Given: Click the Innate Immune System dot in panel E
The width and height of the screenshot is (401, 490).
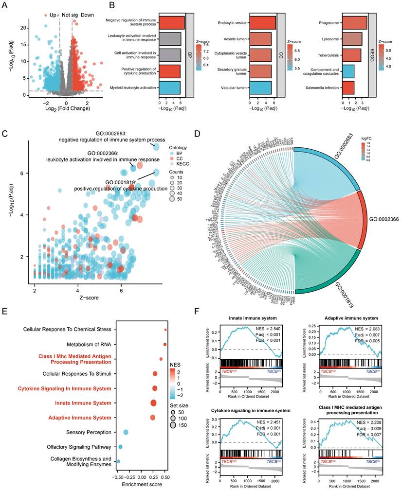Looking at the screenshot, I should pyautogui.click(x=153, y=402).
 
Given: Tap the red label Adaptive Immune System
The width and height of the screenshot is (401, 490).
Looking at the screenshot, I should pyautogui.click(x=80, y=417).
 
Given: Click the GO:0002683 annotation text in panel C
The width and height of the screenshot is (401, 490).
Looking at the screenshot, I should pyautogui.click(x=112, y=136).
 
